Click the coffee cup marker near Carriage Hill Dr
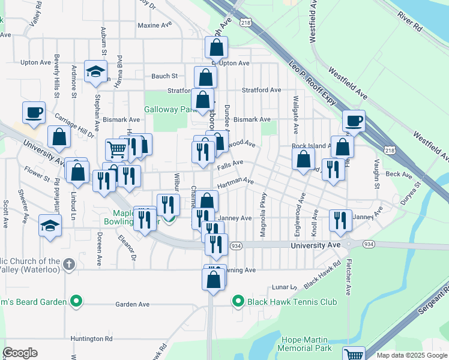pyautogui.click(x=34, y=112)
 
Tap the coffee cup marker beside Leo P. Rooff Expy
pyautogui.click(x=354, y=121)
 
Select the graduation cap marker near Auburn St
pyautogui.click(x=95, y=72)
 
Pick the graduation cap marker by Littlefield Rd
pyautogui.click(x=50, y=226)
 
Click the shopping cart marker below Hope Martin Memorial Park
pyautogui.click(x=354, y=354)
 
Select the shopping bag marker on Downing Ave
pyautogui.click(x=214, y=279)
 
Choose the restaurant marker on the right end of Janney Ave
pyautogui.click(x=341, y=220)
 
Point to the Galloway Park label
pyautogui.click(x=170, y=110)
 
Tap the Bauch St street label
pyautogui.click(x=164, y=76)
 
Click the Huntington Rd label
pyautogui.click(x=91, y=338)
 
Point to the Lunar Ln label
pyautogui.click(x=285, y=287)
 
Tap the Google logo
pyautogui.click(x=20, y=353)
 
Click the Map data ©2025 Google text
pyautogui.click(x=412, y=355)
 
